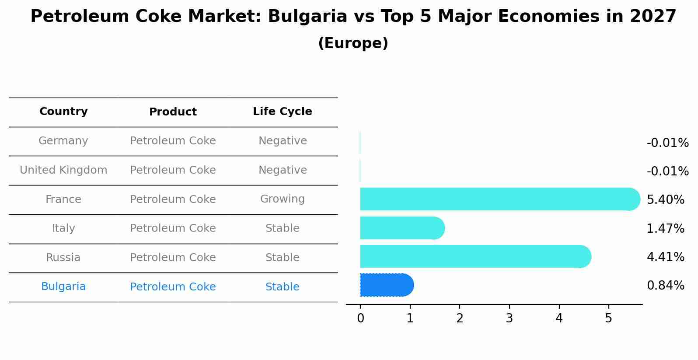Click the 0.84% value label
(665, 286)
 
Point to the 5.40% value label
(665, 200)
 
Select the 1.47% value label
(665, 228)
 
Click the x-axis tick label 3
(509, 318)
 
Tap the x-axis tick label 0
(360, 318)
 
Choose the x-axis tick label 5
(608, 318)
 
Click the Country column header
(63, 112)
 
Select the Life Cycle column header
(282, 112)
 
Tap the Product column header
(173, 112)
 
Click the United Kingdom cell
(63, 170)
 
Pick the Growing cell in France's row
(282, 199)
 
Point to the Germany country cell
(63, 141)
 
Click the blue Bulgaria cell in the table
(63, 287)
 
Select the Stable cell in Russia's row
(282, 258)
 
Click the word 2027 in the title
(653, 17)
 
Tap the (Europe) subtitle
(353, 43)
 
